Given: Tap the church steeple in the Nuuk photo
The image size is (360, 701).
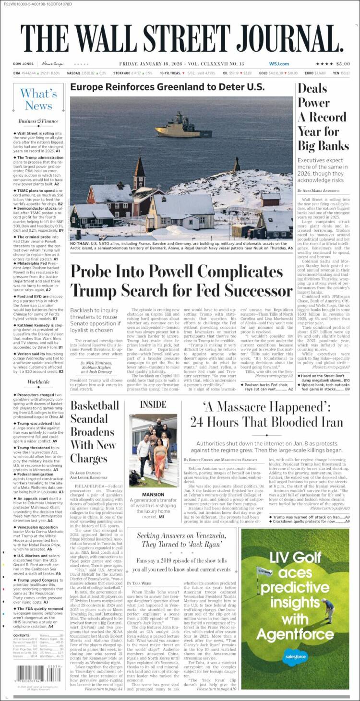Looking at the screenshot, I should [140, 166].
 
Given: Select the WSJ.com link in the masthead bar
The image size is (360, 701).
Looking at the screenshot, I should [279, 64].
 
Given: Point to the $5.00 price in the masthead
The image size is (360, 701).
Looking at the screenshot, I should [343, 64].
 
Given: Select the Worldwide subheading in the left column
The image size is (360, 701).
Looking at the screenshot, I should [38, 382].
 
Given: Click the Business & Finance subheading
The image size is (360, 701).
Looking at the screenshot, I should [38, 121].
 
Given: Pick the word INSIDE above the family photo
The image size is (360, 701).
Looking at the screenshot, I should [153, 404].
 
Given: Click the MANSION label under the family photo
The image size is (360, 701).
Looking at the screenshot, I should [153, 495].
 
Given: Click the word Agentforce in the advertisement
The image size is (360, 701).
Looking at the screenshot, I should [295, 633].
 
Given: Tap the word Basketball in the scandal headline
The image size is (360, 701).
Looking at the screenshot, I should [95, 405].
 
